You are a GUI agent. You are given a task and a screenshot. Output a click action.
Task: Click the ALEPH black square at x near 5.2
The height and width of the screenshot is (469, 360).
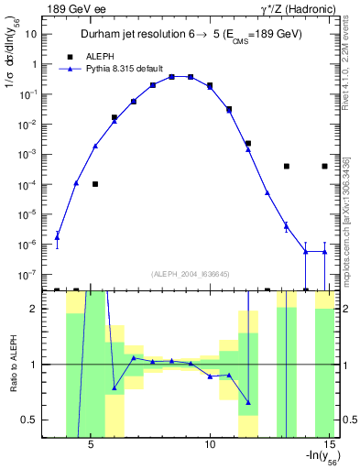95,184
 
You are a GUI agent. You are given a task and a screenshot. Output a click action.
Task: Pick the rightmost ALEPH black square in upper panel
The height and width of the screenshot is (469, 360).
324,167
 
